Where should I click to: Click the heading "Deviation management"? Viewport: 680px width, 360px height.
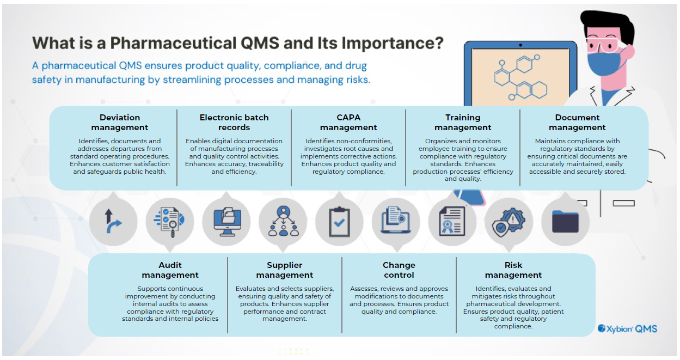(x=120, y=123)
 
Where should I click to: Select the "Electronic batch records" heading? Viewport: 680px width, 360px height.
(x=234, y=123)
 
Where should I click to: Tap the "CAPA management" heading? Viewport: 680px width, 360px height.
(x=348, y=123)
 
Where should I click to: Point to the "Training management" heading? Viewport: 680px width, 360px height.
(x=463, y=123)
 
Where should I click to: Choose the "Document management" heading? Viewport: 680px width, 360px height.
(x=577, y=123)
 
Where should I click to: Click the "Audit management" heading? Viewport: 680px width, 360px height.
(x=170, y=270)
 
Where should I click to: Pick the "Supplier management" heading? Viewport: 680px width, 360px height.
(x=284, y=270)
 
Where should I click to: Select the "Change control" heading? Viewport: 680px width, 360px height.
(x=399, y=270)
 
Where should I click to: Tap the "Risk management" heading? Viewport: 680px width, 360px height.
(x=513, y=270)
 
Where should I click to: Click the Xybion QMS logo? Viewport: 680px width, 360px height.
(x=627, y=328)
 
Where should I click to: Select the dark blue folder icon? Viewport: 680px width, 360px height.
(x=565, y=222)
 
